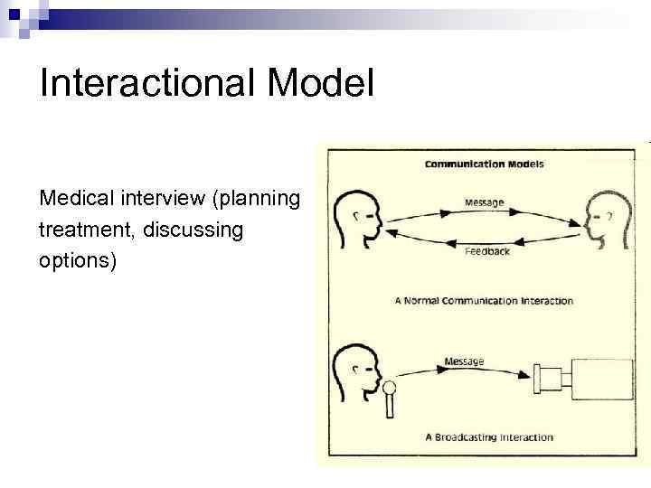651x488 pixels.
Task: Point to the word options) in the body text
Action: pos(78,261)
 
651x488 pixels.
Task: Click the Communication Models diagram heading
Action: pos(484,164)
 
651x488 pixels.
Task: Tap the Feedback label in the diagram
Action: pos(486,250)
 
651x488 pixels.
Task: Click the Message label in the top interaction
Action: pos(484,202)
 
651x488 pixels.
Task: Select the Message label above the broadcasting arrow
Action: pos(464,361)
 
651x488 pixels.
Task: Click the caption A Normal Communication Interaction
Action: pos(484,301)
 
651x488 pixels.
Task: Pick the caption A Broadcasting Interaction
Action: pos(488,437)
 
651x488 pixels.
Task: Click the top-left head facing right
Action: pos(356,218)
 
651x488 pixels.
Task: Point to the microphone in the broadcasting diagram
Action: pos(390,399)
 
